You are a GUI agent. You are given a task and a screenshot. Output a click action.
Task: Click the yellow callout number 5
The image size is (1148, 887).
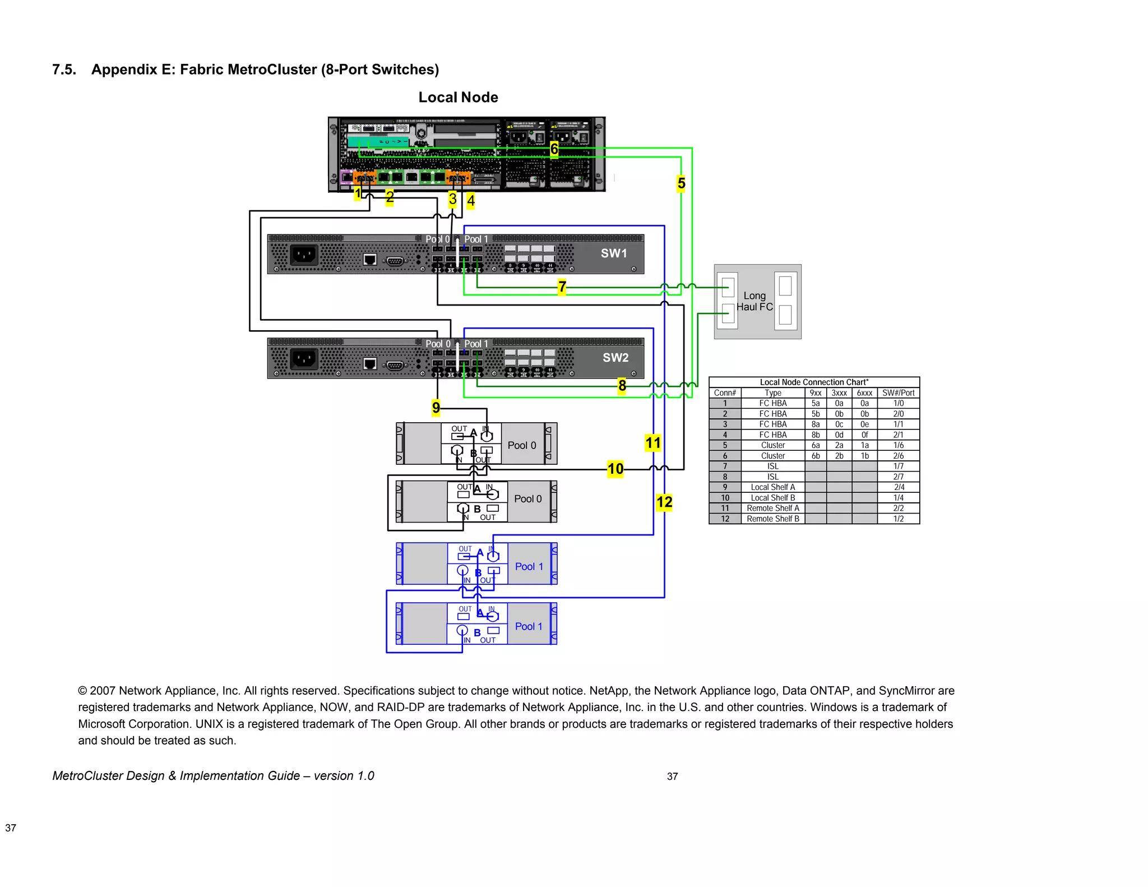coord(681,183)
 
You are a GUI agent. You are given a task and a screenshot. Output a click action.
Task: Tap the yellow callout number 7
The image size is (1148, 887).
coord(562,287)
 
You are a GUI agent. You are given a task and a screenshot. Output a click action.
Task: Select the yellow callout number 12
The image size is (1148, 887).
coord(664,502)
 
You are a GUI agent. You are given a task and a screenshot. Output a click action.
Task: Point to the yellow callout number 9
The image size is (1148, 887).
coord(436,408)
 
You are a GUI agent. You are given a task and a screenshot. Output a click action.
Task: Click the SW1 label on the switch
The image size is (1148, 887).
coord(614,253)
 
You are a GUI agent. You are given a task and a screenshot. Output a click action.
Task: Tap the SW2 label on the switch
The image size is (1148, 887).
coord(615,358)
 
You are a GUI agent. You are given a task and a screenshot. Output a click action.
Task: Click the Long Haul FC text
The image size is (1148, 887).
coord(754,301)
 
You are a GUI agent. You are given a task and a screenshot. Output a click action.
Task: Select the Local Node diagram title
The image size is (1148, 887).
coord(458,98)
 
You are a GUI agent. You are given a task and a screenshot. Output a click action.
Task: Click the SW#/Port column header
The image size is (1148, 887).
coord(898,393)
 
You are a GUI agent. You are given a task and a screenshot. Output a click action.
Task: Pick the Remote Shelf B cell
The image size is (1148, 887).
coord(772,519)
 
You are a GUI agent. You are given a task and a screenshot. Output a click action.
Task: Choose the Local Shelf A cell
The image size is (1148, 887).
coord(772,487)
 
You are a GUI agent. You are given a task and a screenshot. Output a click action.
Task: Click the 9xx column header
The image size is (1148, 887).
coord(816,393)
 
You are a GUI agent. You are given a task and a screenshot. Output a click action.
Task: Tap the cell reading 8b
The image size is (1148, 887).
coord(816,435)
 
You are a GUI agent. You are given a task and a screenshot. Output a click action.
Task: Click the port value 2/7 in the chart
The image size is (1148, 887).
coord(898,477)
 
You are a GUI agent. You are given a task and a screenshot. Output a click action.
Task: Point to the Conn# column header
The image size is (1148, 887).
coord(725,393)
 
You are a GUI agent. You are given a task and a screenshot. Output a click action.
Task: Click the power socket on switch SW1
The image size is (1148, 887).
coord(304,255)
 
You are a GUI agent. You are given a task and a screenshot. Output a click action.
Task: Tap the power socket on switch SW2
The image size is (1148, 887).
coord(304,359)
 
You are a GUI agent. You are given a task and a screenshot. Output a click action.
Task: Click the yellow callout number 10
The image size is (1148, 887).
coord(615,469)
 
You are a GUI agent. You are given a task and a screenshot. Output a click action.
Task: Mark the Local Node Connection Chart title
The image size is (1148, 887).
coord(814,382)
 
